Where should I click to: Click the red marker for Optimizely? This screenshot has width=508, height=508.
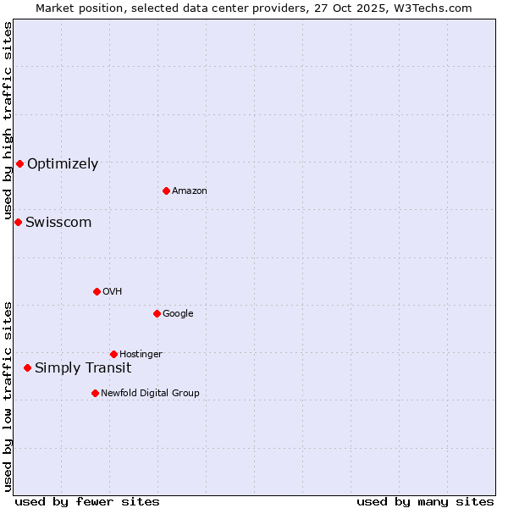click(19, 163)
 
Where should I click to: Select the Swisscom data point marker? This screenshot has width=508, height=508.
click(18, 222)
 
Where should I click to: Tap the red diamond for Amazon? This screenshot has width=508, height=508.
click(166, 190)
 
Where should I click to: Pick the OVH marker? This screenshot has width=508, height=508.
click(97, 291)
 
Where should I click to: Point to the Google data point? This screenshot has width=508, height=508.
click(157, 313)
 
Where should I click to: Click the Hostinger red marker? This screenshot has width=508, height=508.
click(113, 354)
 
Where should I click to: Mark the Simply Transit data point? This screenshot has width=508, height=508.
click(27, 367)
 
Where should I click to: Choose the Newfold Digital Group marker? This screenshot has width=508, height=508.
click(95, 393)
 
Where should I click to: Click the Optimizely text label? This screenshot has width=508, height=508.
click(63, 164)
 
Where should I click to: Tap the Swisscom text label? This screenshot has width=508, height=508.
click(58, 223)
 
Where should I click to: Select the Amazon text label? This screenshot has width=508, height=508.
click(190, 191)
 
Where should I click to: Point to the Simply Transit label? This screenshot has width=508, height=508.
click(83, 367)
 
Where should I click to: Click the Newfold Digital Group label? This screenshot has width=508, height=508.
click(150, 393)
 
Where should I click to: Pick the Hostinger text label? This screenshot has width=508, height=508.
click(141, 354)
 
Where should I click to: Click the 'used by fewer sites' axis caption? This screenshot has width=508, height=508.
click(87, 501)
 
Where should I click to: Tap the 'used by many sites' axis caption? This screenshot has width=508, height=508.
click(425, 501)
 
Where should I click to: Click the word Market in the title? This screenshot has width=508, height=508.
click(54, 8)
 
